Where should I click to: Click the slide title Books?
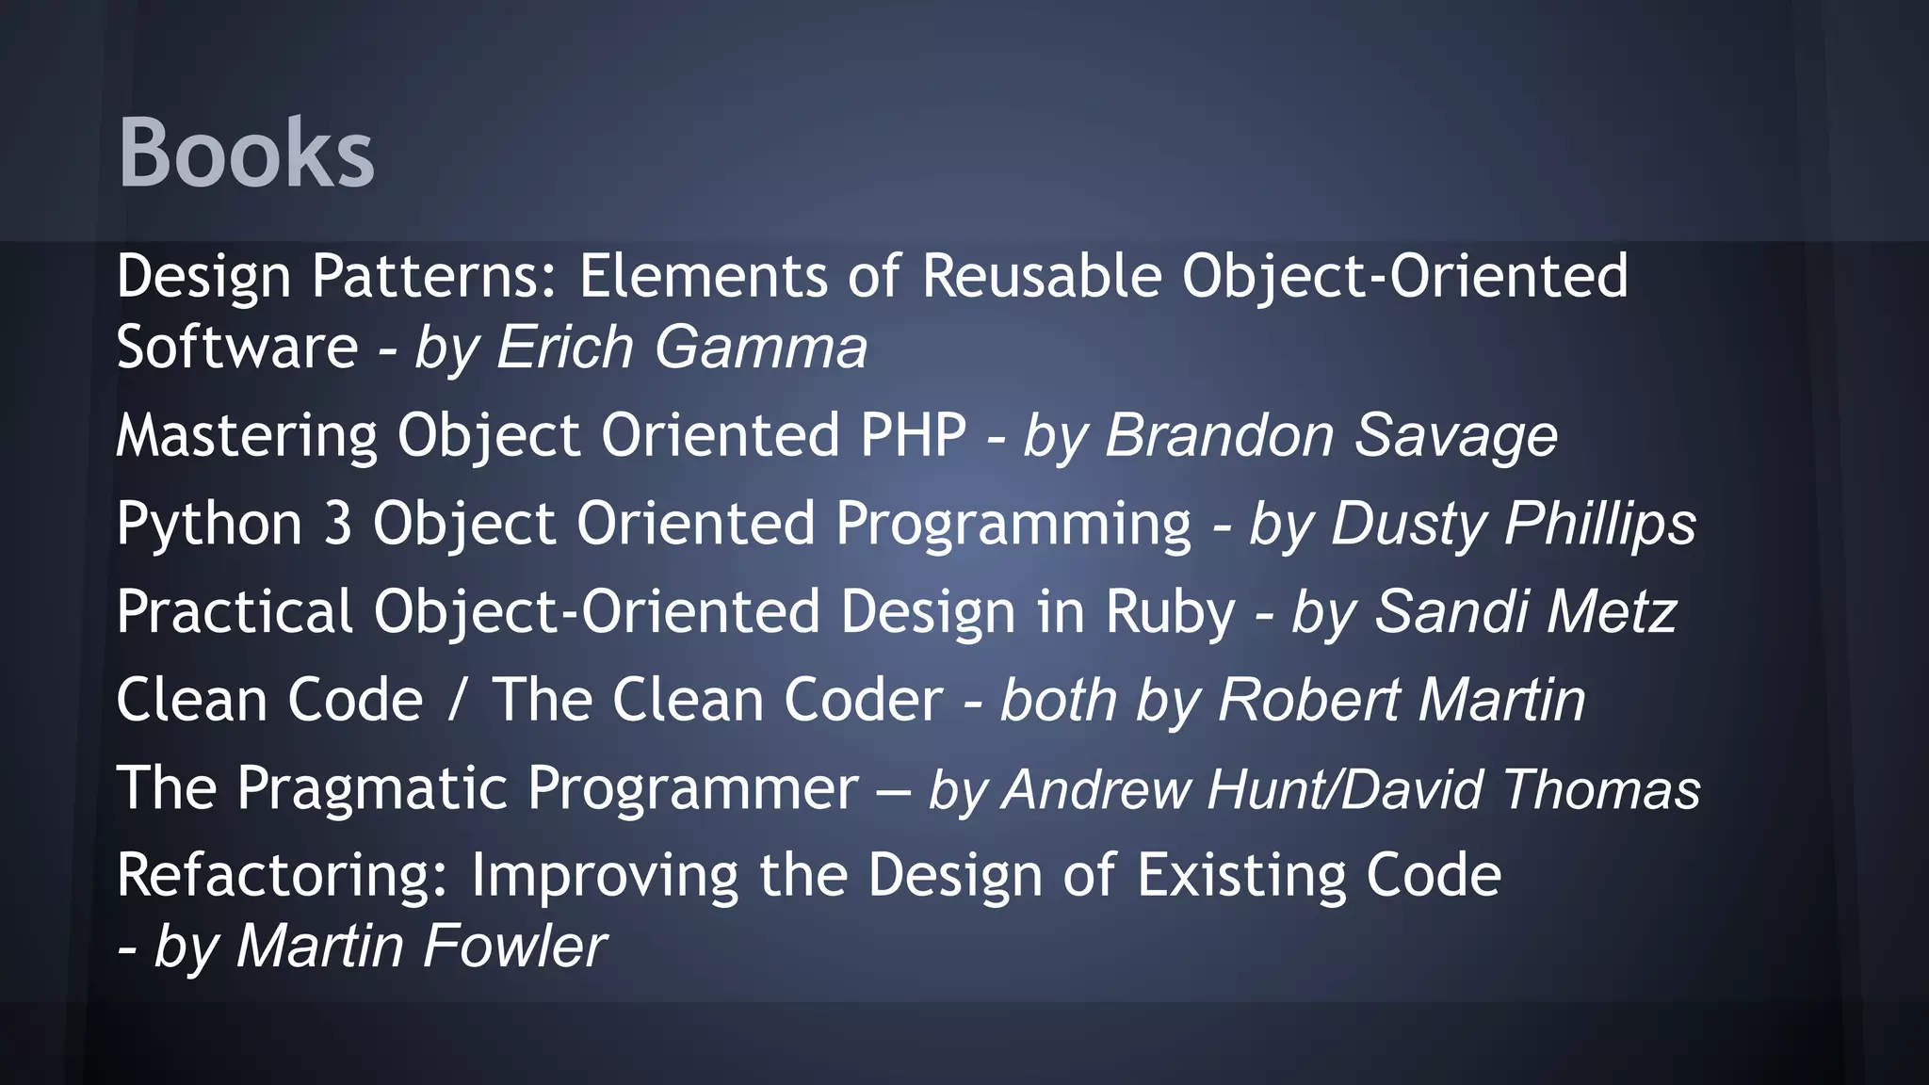click(x=246, y=153)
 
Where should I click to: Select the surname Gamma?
click(x=760, y=347)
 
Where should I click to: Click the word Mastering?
click(x=246, y=435)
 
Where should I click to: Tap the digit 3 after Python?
click(x=338, y=524)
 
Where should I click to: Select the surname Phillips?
click(x=1600, y=524)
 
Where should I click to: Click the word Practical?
click(x=235, y=611)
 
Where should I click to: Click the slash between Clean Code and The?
click(x=458, y=700)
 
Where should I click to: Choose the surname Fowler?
click(x=514, y=946)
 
